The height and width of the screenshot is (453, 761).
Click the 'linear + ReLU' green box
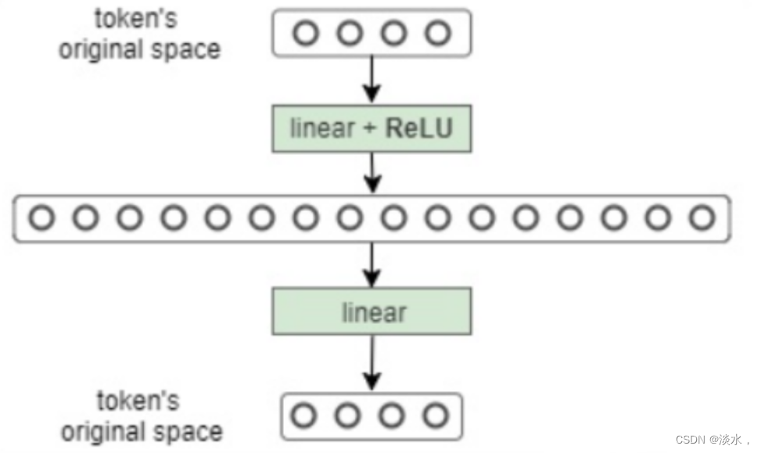coord(372,128)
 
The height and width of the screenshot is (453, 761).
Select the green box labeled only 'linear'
coord(372,311)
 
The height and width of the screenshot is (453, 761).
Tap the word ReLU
coord(419,128)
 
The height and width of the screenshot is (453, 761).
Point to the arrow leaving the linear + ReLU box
coord(372,172)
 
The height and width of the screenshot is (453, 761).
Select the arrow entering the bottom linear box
coord(372,264)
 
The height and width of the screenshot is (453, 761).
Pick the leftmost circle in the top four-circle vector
coord(305,33)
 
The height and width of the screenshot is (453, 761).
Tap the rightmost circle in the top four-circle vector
coord(439,33)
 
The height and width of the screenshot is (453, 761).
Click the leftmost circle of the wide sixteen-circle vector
coord(41,218)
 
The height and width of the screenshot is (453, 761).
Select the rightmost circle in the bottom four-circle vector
coord(436,415)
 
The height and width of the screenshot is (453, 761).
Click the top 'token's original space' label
coord(140,34)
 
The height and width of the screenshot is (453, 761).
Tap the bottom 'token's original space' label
coord(142,415)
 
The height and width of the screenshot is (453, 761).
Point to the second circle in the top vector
coord(350,33)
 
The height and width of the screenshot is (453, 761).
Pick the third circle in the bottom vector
coord(392,415)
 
